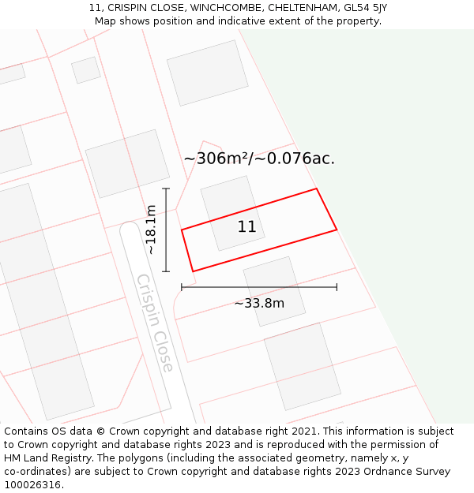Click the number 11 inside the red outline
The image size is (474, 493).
coord(246,227)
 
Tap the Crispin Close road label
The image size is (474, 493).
coord(155,323)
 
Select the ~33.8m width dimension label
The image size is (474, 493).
coord(259,303)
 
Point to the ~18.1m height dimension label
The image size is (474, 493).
coord(151,230)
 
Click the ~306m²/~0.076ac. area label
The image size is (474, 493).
coord(259,159)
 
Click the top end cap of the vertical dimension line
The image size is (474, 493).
coord(166,189)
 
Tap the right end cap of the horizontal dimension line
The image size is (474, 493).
coord(337,287)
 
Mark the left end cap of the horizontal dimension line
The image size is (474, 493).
coord(182,287)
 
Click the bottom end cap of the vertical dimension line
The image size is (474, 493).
coord(166,271)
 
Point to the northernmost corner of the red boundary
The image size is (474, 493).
coord(317,189)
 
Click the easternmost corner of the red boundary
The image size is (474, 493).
coord(337,230)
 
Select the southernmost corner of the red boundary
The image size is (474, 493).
coord(193,271)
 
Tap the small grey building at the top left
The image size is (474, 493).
coord(86,69)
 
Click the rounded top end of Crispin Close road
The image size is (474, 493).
coord(129,230)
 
